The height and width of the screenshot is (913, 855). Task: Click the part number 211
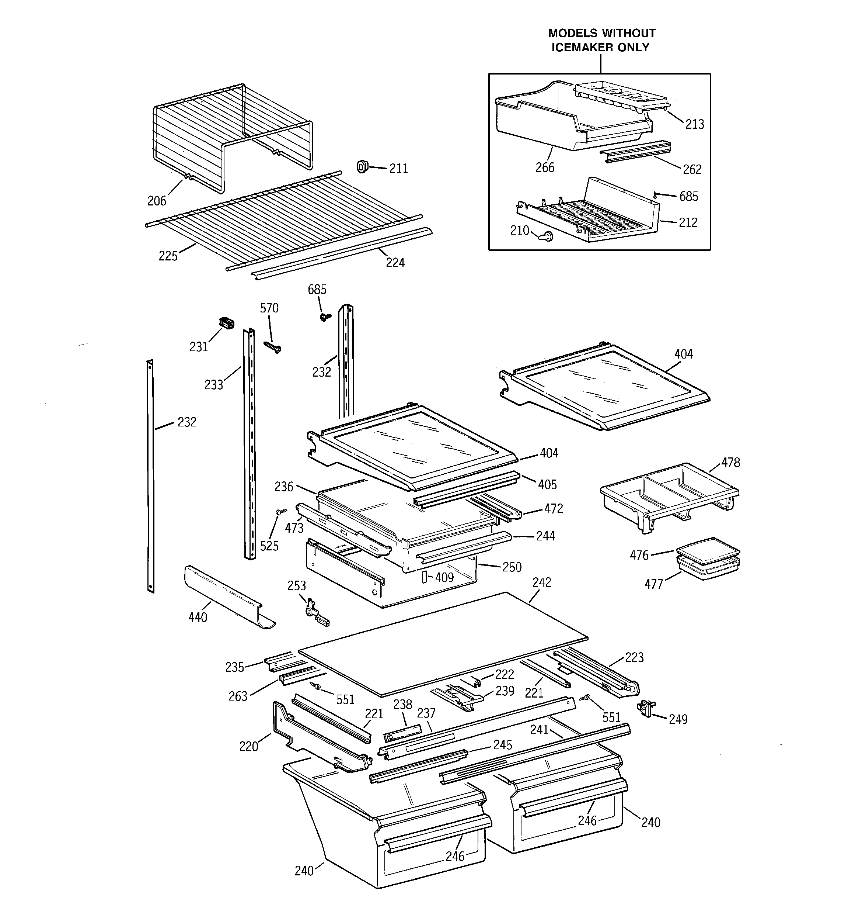click(398, 169)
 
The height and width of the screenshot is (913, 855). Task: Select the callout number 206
click(157, 201)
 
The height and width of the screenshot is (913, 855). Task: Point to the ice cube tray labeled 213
click(621, 96)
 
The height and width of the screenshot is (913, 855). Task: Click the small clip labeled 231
click(227, 322)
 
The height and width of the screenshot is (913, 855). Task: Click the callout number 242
click(541, 582)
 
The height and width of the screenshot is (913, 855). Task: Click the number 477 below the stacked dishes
click(653, 584)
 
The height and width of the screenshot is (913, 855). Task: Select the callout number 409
click(444, 577)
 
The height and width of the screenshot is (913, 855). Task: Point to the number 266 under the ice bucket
click(545, 167)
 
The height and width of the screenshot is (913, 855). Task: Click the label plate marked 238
click(402, 733)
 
